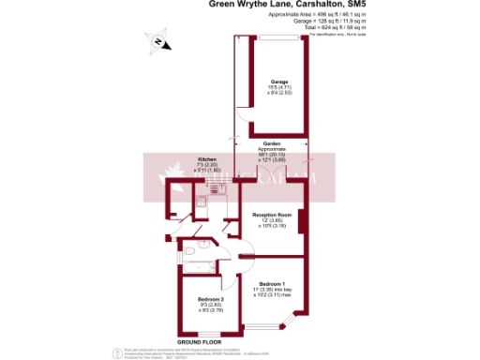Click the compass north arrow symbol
click(157, 41)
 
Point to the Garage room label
click(278, 82)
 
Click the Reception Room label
click(274, 214)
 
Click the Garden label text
click(272, 143)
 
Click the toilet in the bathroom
click(187, 250)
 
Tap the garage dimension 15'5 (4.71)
click(278, 88)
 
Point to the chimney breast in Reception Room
click(300, 218)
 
